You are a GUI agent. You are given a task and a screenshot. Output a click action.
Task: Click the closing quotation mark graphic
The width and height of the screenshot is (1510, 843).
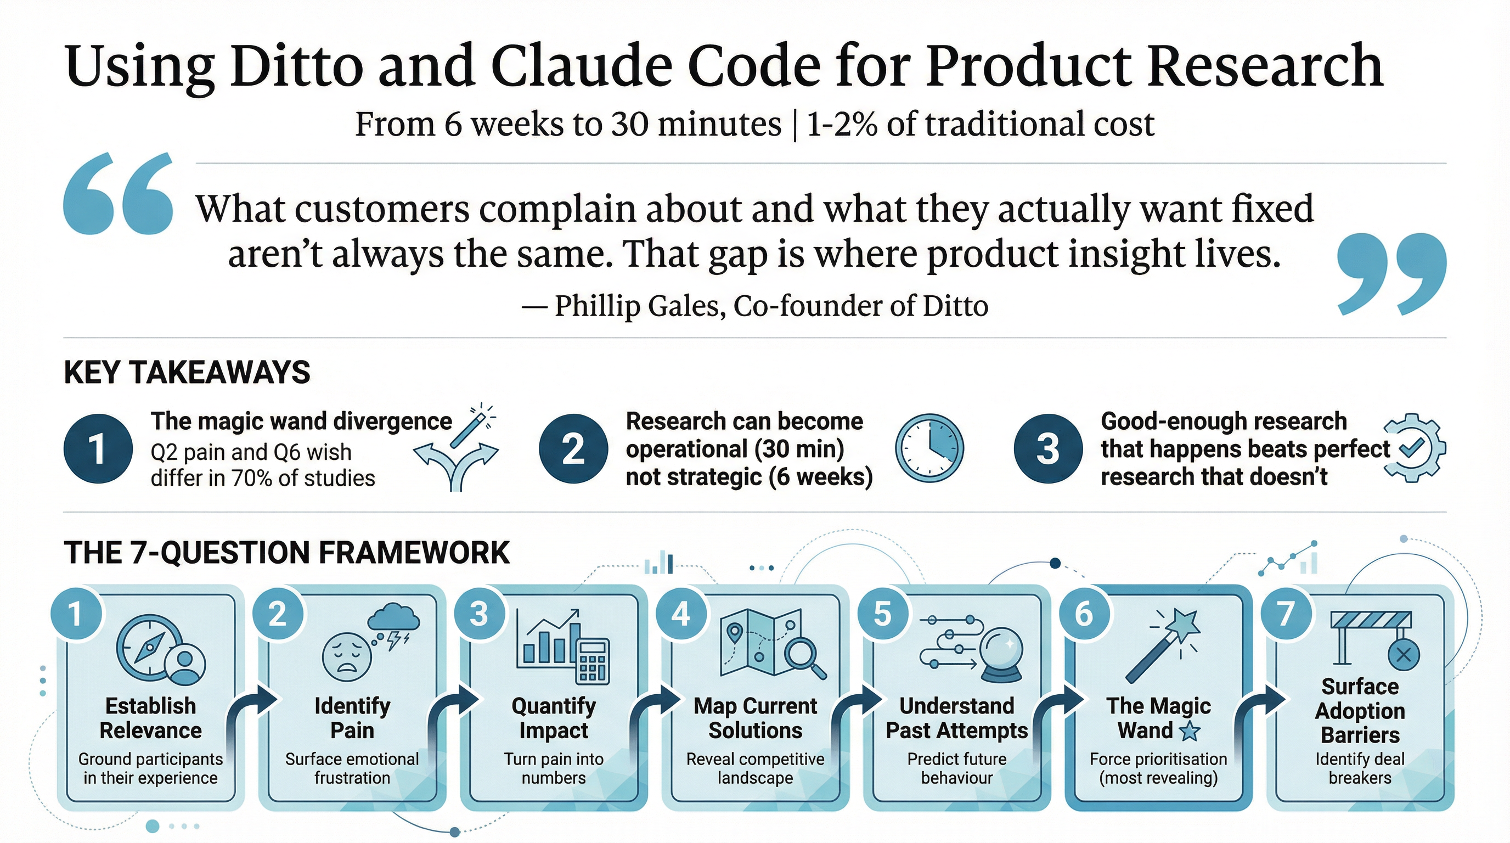pos(1392,273)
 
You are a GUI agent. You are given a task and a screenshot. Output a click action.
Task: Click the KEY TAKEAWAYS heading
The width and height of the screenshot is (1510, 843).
pos(187,373)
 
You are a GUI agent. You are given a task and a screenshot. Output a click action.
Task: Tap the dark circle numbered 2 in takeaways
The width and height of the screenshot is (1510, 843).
pos(573,448)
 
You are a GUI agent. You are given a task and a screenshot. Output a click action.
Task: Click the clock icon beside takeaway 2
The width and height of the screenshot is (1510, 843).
pos(929,448)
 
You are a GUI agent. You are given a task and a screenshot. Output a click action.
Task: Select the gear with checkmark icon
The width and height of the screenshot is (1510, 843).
pos(1414,448)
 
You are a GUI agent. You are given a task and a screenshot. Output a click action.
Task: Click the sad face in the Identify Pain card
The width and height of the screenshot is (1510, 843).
pos(347,656)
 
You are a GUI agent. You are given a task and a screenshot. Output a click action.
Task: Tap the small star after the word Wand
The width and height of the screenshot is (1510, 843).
pos(1190,732)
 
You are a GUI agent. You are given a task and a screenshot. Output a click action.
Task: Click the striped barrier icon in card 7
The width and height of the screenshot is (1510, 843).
pos(1371,620)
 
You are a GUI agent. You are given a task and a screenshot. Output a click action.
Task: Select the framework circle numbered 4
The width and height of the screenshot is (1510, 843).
pos(680,614)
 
